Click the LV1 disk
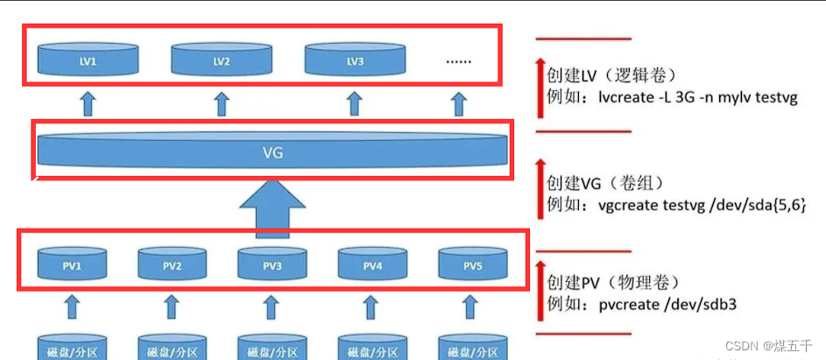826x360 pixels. point(88,60)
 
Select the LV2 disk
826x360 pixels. point(221,60)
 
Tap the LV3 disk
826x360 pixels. point(355,60)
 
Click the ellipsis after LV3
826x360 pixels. point(458,61)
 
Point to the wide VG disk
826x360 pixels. point(272,151)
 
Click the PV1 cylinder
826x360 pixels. point(72,263)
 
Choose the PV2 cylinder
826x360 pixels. point(172,263)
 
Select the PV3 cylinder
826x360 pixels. point(272,263)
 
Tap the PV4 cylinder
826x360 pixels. point(373,263)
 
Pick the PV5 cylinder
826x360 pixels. point(473,263)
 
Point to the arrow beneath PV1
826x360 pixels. point(72,307)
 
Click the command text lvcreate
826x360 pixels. point(625,98)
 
